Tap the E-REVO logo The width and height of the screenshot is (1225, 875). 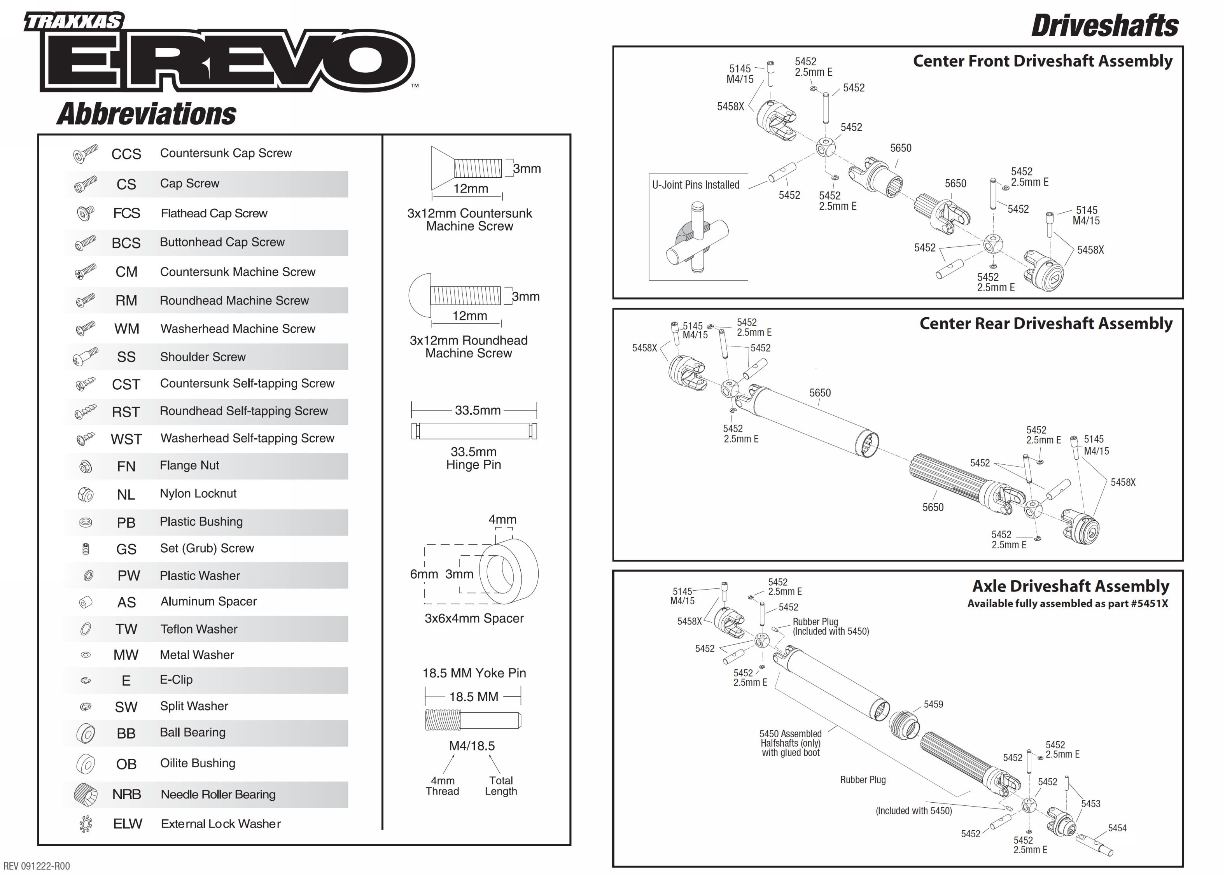[226, 60]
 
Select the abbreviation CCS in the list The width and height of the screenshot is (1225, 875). [126, 154]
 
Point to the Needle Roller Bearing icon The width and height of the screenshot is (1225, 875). [85, 794]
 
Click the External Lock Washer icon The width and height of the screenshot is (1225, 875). [85, 824]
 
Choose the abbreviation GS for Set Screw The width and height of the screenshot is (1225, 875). [126, 549]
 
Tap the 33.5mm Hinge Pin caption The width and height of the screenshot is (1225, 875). [474, 458]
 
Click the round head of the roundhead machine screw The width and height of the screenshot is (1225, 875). [419, 296]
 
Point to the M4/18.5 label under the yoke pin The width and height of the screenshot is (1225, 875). [472, 746]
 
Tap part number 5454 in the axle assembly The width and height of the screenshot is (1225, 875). [1117, 828]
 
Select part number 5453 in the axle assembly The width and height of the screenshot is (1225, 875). [1090, 804]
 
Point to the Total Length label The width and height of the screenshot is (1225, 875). [500, 786]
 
